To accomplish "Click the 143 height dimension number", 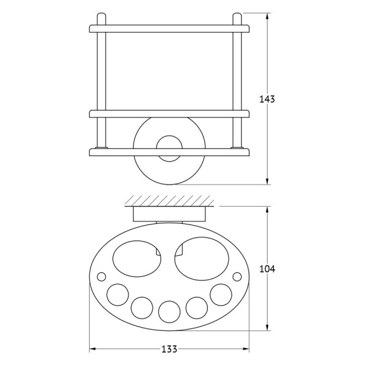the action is pyautogui.click(x=267, y=99).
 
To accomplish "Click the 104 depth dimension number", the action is pyautogui.click(x=267, y=269).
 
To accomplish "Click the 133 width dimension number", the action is pyautogui.click(x=169, y=349).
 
